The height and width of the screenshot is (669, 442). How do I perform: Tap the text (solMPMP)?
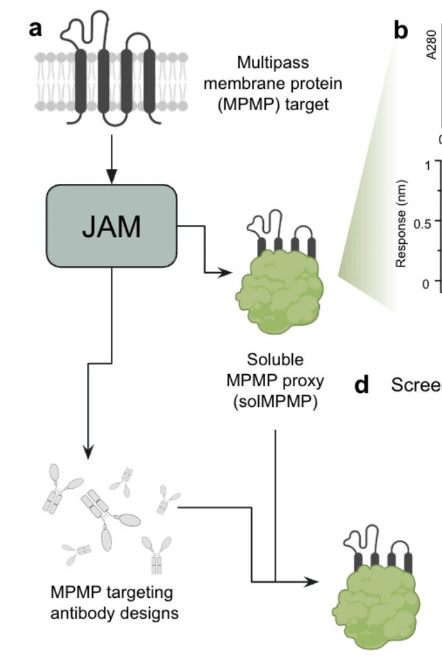276,400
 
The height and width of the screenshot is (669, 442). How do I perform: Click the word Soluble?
276,360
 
